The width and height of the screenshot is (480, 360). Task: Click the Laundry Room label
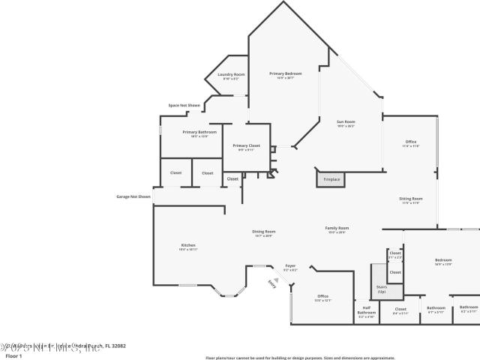click(x=231, y=74)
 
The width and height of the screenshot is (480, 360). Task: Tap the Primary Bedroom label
click(x=286, y=73)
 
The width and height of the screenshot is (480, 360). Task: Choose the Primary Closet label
click(x=246, y=145)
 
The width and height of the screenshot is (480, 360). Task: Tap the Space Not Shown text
click(x=184, y=106)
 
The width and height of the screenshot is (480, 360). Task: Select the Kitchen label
click(x=188, y=245)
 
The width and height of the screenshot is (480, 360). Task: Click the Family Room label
click(x=337, y=228)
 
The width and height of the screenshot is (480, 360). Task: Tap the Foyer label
click(x=290, y=265)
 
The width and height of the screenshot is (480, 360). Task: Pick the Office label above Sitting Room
click(x=410, y=142)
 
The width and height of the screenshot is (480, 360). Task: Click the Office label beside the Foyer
click(x=322, y=296)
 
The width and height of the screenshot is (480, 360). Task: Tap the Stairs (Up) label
click(x=381, y=289)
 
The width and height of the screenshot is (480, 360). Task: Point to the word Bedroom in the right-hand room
click(x=443, y=260)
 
